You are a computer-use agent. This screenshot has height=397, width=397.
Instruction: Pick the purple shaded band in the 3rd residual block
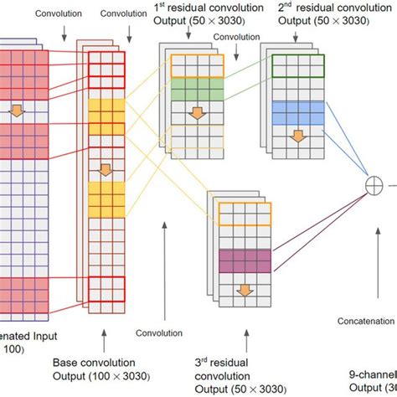245,260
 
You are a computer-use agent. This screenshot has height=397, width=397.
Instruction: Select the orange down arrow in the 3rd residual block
245,290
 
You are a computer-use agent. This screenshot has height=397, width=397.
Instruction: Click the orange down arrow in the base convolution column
106,171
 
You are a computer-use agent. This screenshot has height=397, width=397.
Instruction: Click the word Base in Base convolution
67,363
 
